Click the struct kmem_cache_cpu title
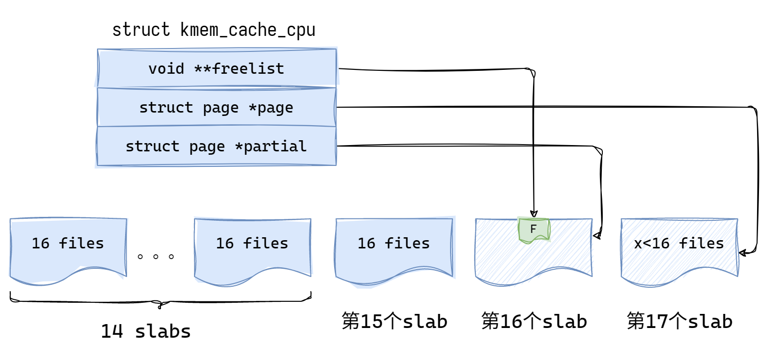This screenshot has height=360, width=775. [214, 30]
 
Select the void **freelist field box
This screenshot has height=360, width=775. [217, 68]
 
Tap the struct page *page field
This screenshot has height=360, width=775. [216, 107]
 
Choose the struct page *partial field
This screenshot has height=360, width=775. [216, 146]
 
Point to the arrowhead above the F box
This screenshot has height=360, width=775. [533, 213]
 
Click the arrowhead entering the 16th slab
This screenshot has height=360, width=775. [597, 236]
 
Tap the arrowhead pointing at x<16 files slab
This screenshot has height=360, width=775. [743, 253]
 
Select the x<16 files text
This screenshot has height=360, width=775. [679, 243]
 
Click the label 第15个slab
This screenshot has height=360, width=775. [394, 321]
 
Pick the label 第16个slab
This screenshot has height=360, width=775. [534, 321]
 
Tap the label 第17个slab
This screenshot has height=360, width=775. [679, 321]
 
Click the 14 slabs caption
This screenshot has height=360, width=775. [145, 331]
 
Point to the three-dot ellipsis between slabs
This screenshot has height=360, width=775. [156, 257]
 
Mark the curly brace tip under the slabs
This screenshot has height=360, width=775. [160, 306]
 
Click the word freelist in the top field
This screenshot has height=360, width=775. [248, 68]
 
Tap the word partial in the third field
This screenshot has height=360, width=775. [275, 146]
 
